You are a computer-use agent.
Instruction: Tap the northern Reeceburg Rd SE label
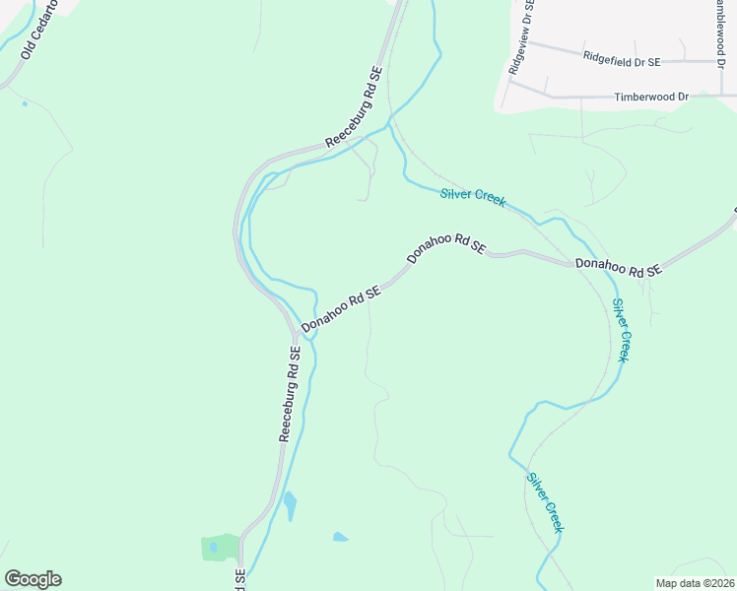coord(354,107)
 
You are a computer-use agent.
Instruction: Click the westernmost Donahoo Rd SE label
coord(341,308)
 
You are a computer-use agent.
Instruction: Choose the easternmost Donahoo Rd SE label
coord(618,267)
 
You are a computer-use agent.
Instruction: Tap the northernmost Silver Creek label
coord(472,196)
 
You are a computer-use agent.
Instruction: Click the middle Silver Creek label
coord(620,330)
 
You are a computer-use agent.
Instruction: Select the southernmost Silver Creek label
coord(545,502)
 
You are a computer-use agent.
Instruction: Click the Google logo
coord(33,579)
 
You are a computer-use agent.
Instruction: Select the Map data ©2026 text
coord(695,583)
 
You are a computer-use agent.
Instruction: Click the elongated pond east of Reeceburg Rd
coord(290,506)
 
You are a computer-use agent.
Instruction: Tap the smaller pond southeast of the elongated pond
coord(340,537)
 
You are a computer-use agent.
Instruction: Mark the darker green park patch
coord(220,547)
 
